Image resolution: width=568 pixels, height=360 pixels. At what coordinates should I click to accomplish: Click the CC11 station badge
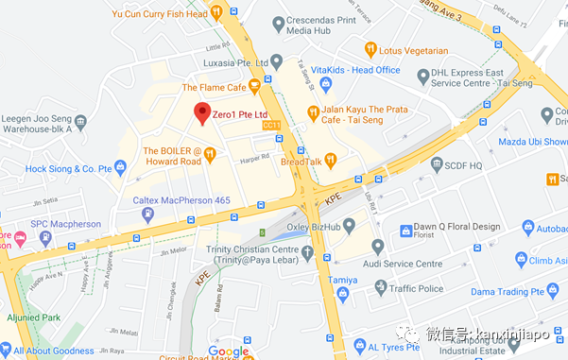(x=271, y=124)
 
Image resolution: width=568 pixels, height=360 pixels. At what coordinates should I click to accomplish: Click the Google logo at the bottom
(x=228, y=351)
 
